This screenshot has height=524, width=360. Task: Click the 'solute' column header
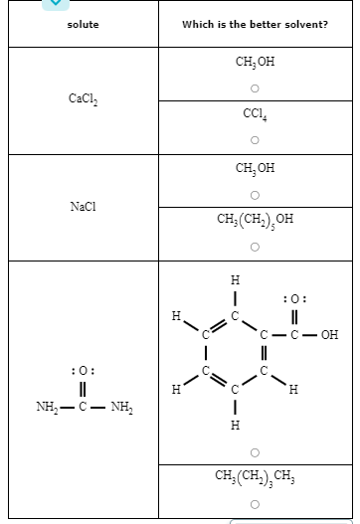click(83, 24)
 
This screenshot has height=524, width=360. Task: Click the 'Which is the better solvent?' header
click(255, 24)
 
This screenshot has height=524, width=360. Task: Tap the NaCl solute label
click(83, 206)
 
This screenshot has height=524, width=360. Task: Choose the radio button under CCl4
click(255, 138)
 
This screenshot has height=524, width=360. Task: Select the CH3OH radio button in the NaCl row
click(255, 193)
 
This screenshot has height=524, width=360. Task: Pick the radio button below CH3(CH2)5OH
click(255, 246)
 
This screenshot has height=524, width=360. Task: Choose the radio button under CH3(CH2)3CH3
click(255, 504)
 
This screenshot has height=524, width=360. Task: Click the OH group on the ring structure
click(328, 335)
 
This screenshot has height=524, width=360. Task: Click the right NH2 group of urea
click(121, 406)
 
